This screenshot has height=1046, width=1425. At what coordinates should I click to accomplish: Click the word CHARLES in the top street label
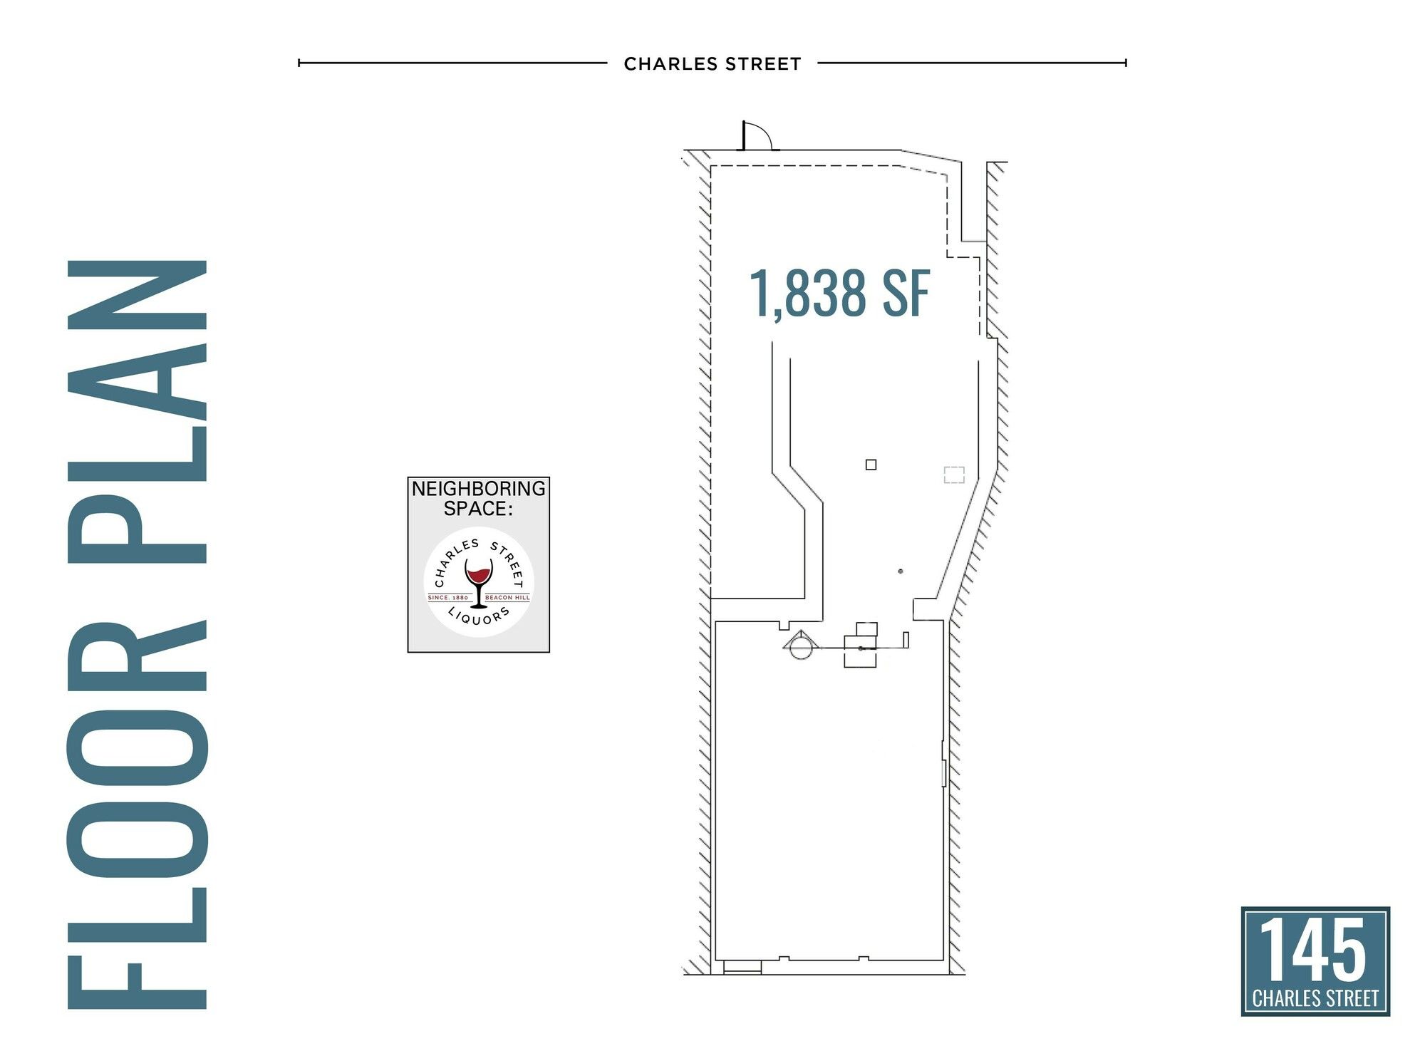pos(670,64)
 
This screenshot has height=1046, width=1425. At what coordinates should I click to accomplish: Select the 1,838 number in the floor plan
pos(808,293)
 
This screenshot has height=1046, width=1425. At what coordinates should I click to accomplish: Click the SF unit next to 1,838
pos(906,293)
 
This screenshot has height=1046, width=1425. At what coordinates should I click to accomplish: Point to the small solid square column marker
pos(871,465)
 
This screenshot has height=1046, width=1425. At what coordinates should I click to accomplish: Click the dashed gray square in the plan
pos(954,475)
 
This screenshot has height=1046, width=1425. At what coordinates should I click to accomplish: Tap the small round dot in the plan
pos(901,571)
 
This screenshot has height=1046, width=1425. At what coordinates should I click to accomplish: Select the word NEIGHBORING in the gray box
pos(479,489)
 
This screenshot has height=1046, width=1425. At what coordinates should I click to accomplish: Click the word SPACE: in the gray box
pos(479,509)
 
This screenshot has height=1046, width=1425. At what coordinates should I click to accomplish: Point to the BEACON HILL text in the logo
pos(508,598)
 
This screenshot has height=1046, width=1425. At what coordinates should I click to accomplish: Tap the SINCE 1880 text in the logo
pos(448,598)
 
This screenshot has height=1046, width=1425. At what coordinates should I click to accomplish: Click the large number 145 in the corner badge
pos(1315,949)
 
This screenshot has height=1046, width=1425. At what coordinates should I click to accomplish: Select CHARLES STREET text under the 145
pos(1315,998)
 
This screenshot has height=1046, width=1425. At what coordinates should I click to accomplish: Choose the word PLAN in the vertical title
pos(138,411)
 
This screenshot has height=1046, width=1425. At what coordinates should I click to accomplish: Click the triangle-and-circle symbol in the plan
pos(799,645)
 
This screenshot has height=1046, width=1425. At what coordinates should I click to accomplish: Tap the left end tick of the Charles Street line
pos(299,63)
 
